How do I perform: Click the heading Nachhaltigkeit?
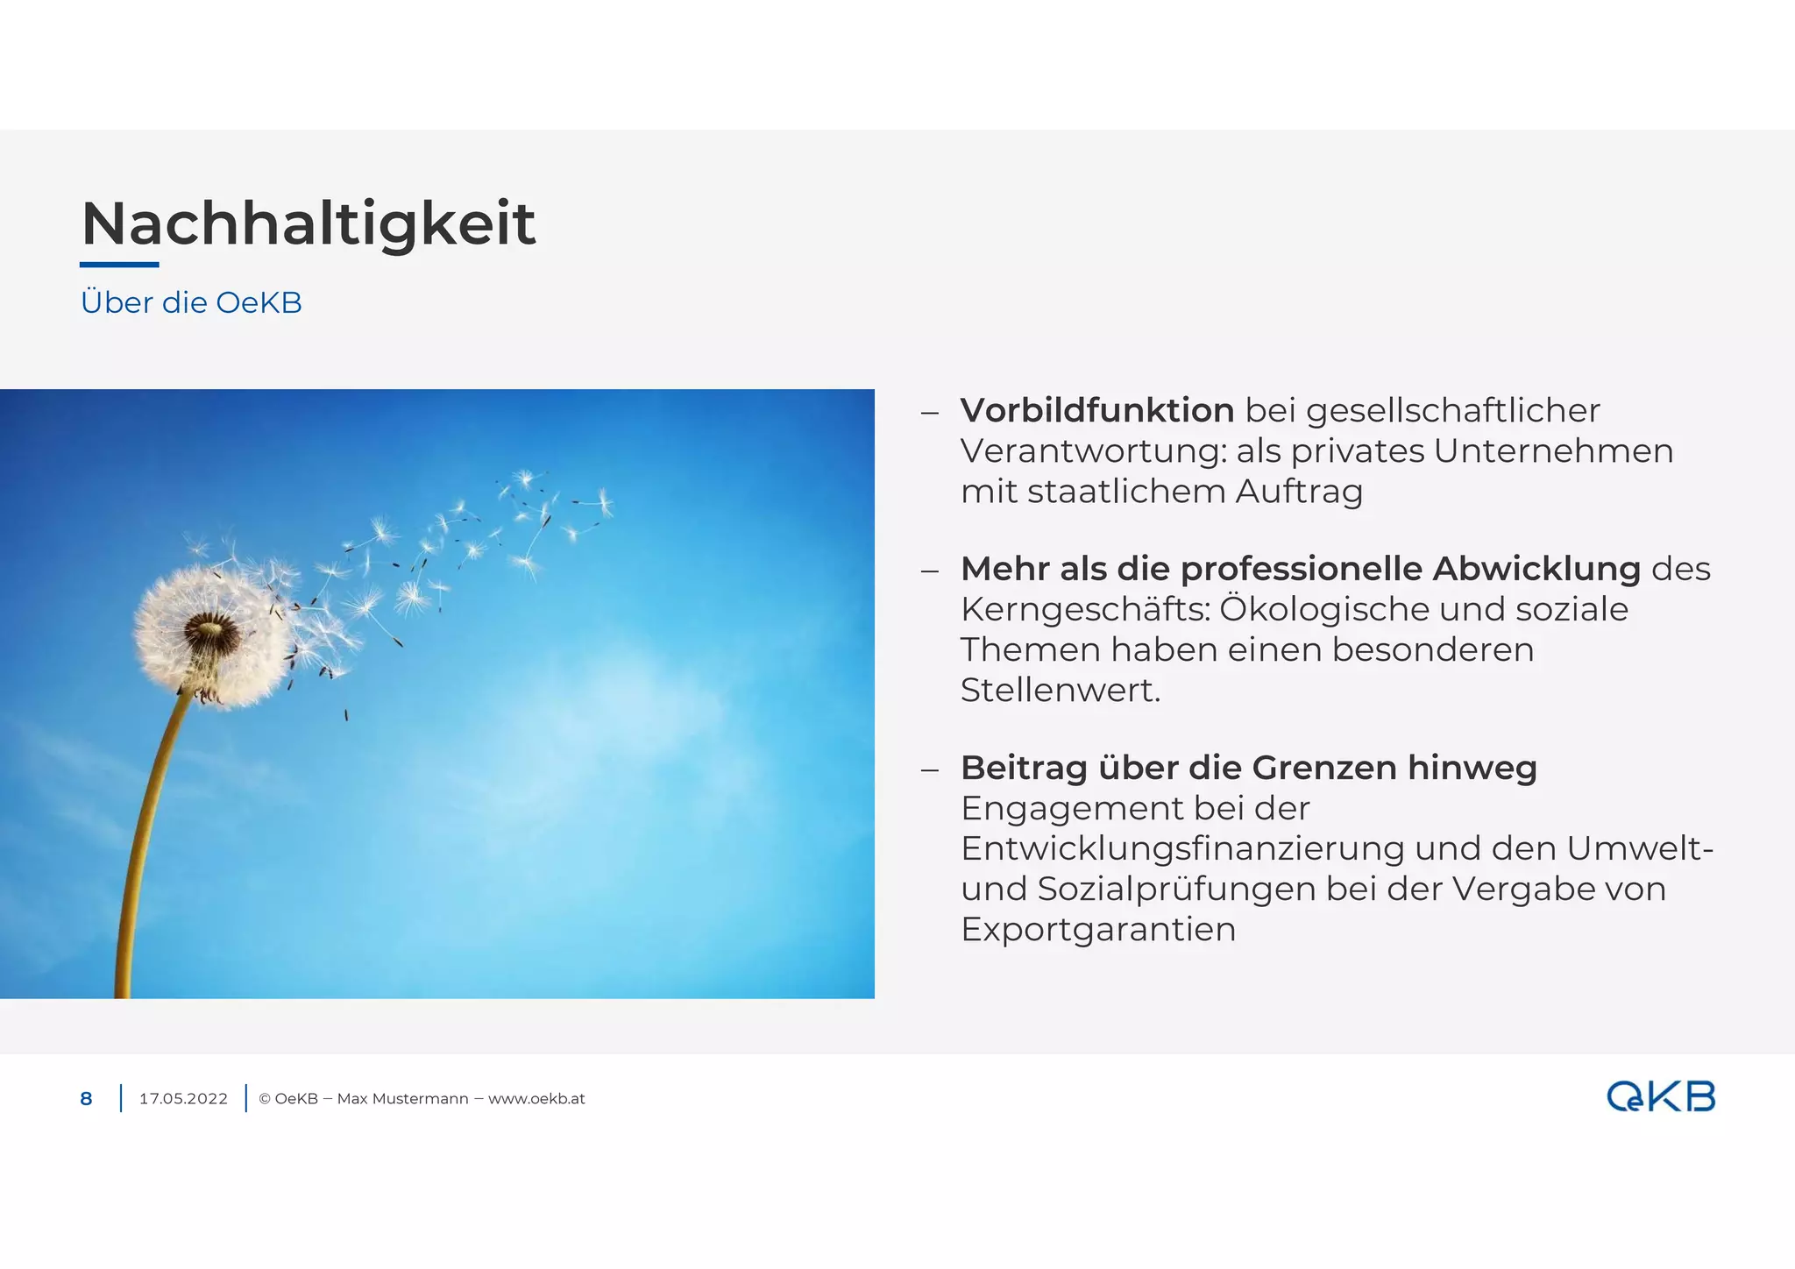point(308,223)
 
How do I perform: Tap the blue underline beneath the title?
point(119,264)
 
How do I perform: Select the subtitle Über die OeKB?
point(191,302)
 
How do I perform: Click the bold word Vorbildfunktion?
point(1096,410)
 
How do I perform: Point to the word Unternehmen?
point(1553,450)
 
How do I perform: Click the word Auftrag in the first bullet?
point(1299,491)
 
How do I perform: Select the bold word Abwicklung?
point(1536,569)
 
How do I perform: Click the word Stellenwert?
point(1060,691)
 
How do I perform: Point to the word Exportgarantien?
point(1097,929)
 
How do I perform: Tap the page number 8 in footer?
point(86,1099)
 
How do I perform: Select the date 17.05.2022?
point(183,1099)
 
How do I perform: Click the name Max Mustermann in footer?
point(402,1099)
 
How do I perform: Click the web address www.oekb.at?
point(536,1099)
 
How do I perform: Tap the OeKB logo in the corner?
point(1660,1097)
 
